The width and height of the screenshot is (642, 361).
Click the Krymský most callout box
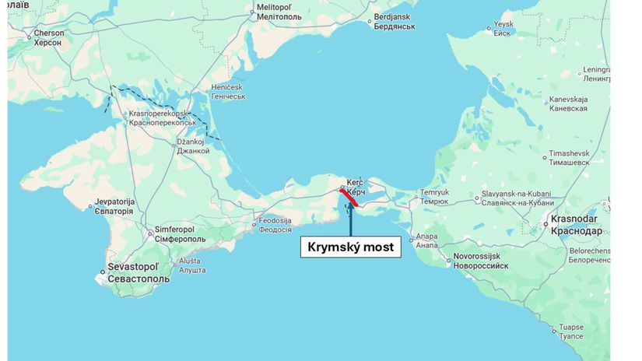[350, 247]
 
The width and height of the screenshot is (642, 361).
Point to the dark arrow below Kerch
[350, 221]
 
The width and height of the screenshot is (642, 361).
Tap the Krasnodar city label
[576, 226]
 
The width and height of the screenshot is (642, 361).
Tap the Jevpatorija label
[115, 205]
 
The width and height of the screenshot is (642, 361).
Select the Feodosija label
[275, 225]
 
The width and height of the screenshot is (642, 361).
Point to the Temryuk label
[435, 196]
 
